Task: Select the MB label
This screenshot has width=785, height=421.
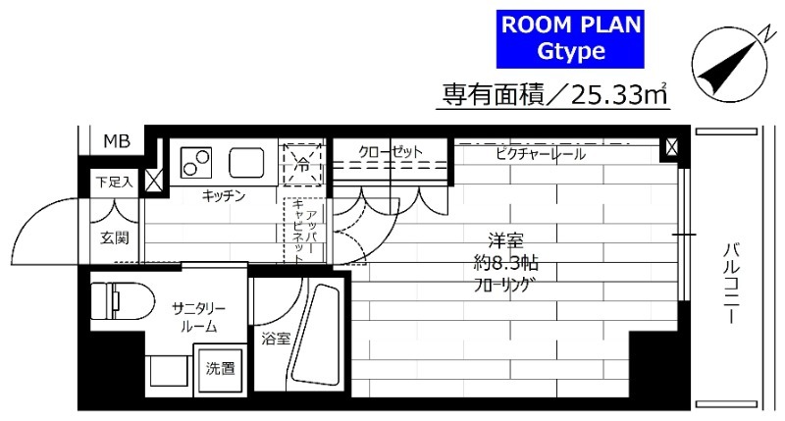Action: (x=116, y=142)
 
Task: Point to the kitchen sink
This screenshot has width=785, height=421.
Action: (x=246, y=161)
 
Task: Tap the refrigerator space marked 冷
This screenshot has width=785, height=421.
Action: (x=301, y=163)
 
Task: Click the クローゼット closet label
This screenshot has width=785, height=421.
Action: (x=390, y=153)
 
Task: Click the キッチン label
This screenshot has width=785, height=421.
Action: (x=223, y=196)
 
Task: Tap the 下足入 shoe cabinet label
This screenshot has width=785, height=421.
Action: (x=110, y=183)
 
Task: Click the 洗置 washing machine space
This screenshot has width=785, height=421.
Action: (x=220, y=369)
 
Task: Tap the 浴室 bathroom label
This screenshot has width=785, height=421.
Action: (x=275, y=340)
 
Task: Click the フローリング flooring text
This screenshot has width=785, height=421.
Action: (x=505, y=286)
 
